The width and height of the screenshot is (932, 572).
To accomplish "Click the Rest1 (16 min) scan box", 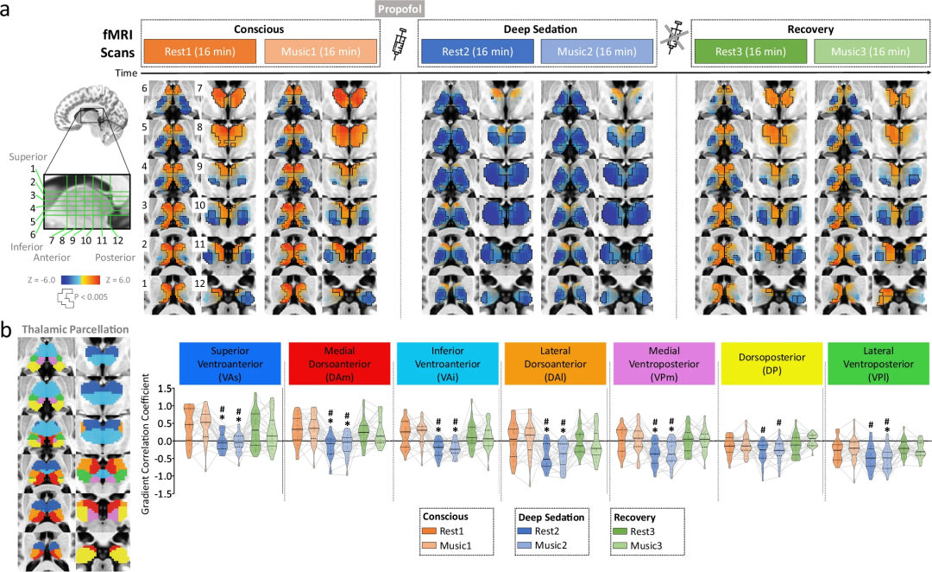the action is tap(199, 52).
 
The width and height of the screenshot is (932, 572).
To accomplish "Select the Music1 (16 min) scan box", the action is tap(321, 52).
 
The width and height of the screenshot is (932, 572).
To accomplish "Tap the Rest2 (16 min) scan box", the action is tap(477, 52).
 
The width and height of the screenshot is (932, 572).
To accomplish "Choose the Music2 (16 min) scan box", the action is tap(597, 52).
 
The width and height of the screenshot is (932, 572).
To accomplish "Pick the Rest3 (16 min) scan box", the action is tap(751, 52).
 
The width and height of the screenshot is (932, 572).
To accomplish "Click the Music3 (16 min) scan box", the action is tap(870, 52).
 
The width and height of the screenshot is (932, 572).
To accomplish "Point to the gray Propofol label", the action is tap(400, 9).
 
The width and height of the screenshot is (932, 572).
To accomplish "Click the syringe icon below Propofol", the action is tap(400, 44).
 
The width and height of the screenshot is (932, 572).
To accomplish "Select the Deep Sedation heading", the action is tap(540, 29).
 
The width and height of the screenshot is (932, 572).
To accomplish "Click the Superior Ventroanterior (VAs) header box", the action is tap(230, 363).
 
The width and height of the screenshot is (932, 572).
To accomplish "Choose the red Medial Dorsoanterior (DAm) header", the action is tap(339, 363).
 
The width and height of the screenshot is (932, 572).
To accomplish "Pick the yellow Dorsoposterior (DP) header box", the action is tap(771, 363).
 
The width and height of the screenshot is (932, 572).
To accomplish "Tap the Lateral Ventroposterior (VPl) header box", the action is tap(878, 363).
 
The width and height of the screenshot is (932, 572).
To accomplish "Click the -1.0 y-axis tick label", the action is tap(164, 476).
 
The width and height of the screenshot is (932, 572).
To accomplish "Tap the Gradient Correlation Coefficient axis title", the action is tap(146, 444).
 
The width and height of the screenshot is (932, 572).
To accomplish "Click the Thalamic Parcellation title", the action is tap(75, 329).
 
